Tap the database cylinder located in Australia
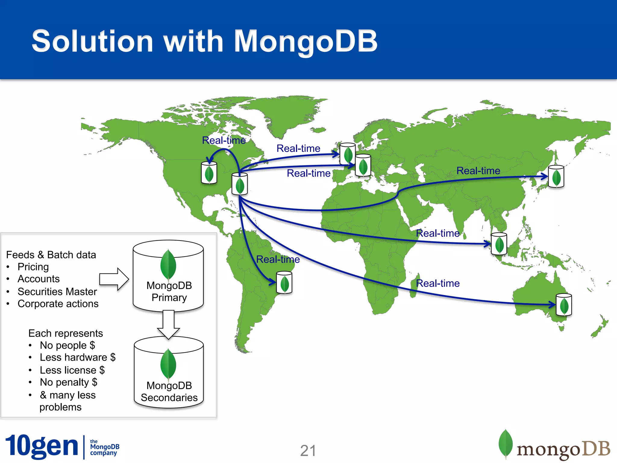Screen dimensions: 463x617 click(x=564, y=305)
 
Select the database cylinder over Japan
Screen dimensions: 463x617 click(x=556, y=177)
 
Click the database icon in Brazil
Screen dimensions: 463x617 click(x=284, y=282)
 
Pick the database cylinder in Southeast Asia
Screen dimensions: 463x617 click(x=499, y=244)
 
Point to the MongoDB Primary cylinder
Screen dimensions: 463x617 click(x=168, y=276)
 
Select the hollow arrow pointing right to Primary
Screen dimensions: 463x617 click(x=114, y=279)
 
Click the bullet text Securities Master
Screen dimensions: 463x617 click(x=57, y=291)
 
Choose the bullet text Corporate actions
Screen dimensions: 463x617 click(x=58, y=304)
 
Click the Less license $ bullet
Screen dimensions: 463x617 click(x=72, y=370)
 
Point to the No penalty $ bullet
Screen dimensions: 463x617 click(x=69, y=382)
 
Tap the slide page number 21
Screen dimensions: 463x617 click(x=308, y=451)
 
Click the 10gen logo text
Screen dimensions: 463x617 click(x=42, y=446)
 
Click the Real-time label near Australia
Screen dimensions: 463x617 click(x=437, y=283)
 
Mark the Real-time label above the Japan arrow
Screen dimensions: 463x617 click(x=478, y=171)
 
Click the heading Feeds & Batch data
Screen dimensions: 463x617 click(x=51, y=255)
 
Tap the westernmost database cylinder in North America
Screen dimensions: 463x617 click(x=209, y=173)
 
